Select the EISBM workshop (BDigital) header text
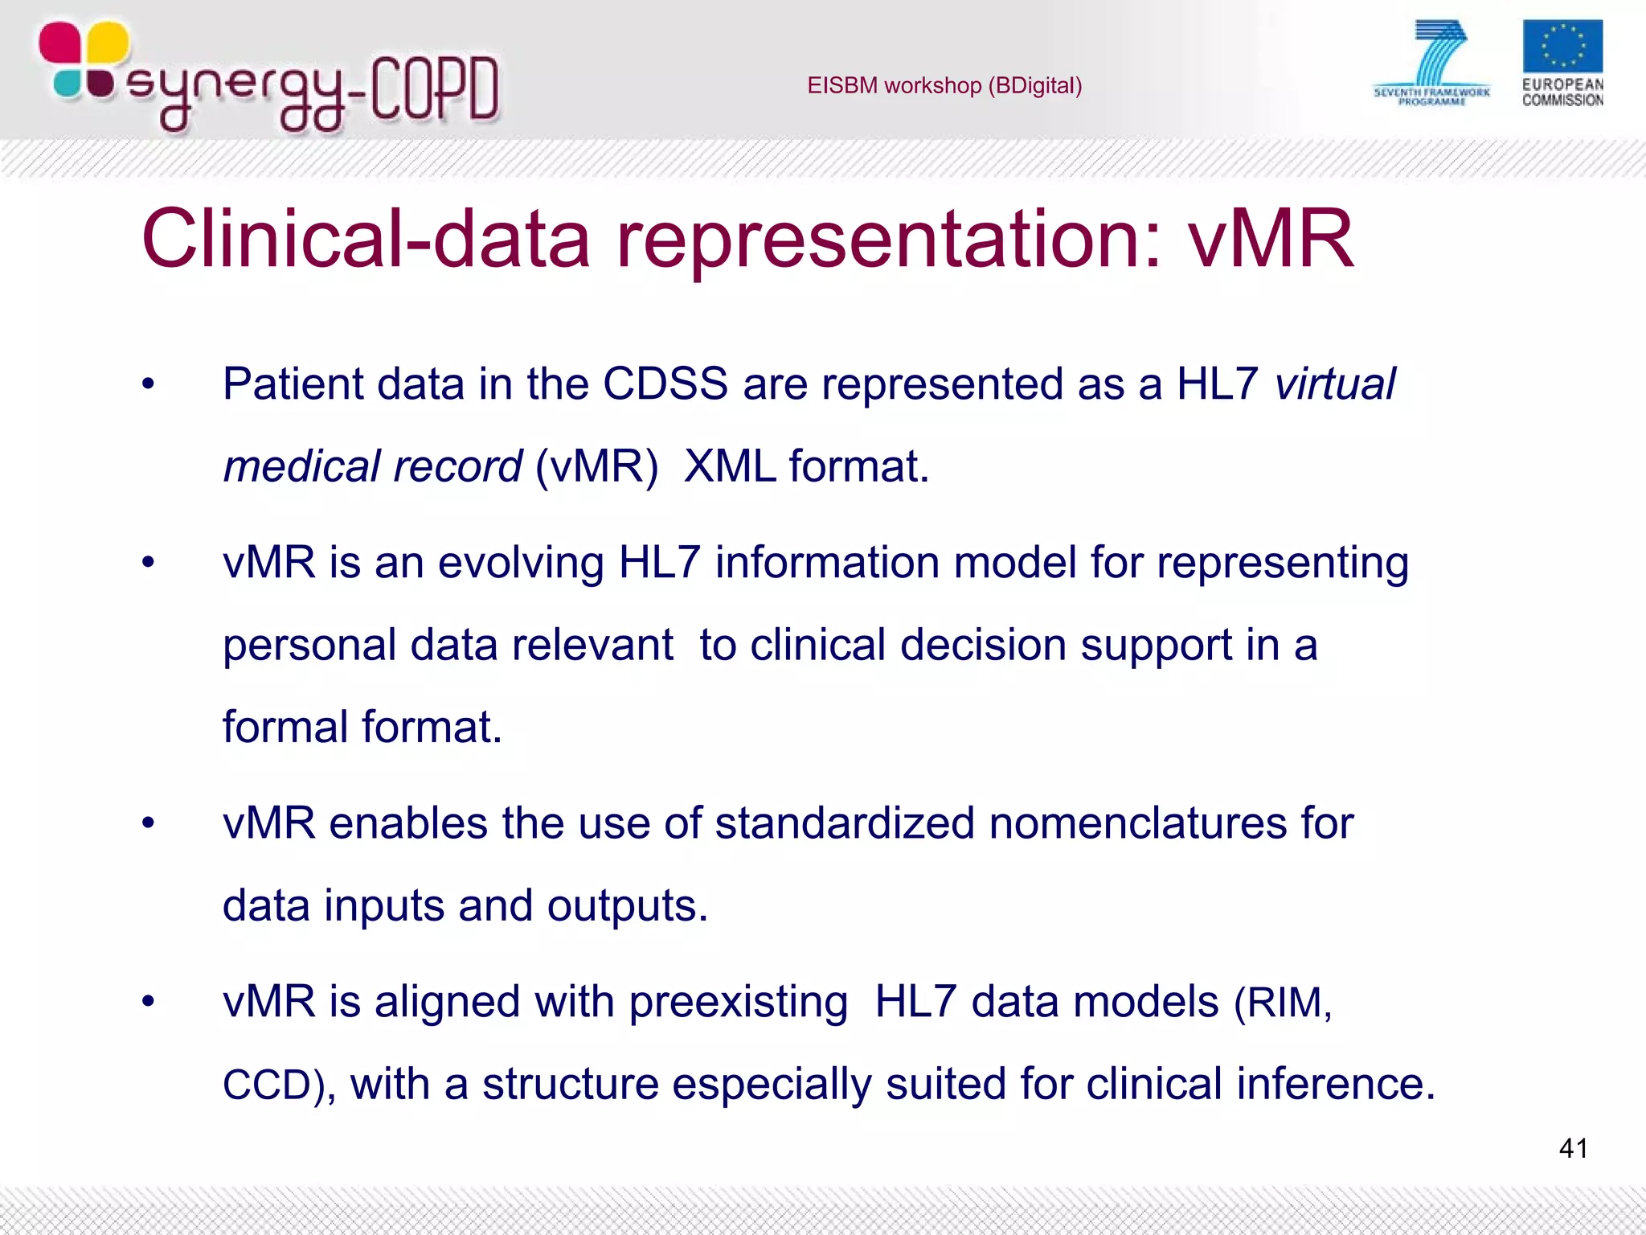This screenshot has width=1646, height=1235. tap(944, 85)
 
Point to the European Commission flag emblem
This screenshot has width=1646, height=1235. tap(1562, 47)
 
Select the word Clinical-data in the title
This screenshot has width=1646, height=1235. tap(366, 239)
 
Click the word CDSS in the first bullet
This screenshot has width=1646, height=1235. tap(665, 384)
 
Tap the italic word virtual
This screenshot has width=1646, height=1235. tap(1335, 384)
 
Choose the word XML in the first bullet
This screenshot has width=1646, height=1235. tap(730, 466)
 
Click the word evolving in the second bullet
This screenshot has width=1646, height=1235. tap(520, 563)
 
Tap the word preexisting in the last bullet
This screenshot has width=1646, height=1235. tap(738, 1003)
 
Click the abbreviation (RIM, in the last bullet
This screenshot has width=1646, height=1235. tap(1283, 1003)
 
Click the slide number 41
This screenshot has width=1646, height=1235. tap(1573, 1148)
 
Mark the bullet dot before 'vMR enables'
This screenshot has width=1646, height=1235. tap(148, 823)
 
